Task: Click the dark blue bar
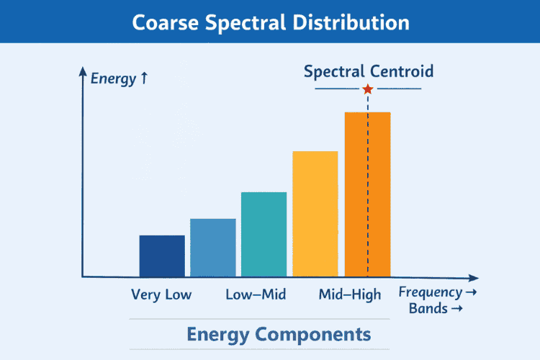click(x=162, y=256)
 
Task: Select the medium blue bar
click(x=212, y=248)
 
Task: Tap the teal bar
click(x=264, y=235)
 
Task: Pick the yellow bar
click(x=315, y=214)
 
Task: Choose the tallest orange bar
click(x=356, y=194)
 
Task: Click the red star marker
click(x=368, y=89)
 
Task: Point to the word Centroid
click(x=402, y=71)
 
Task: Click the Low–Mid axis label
click(x=256, y=294)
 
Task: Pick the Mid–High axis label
click(x=350, y=294)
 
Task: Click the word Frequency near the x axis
click(x=431, y=292)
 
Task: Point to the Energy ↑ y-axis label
click(x=119, y=78)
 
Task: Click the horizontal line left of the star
click(x=338, y=89)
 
